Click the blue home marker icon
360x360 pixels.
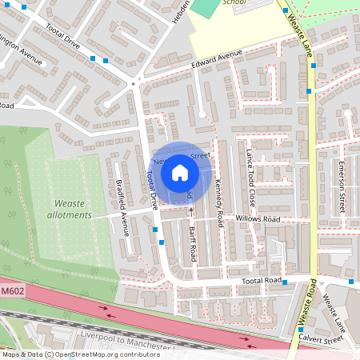[180, 173]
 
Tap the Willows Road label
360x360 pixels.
[257, 218]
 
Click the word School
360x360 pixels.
[234, 2]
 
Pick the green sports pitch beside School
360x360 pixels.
[206, 7]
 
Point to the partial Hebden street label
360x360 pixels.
[181, 11]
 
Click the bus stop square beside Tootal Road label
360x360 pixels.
[285, 282]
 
